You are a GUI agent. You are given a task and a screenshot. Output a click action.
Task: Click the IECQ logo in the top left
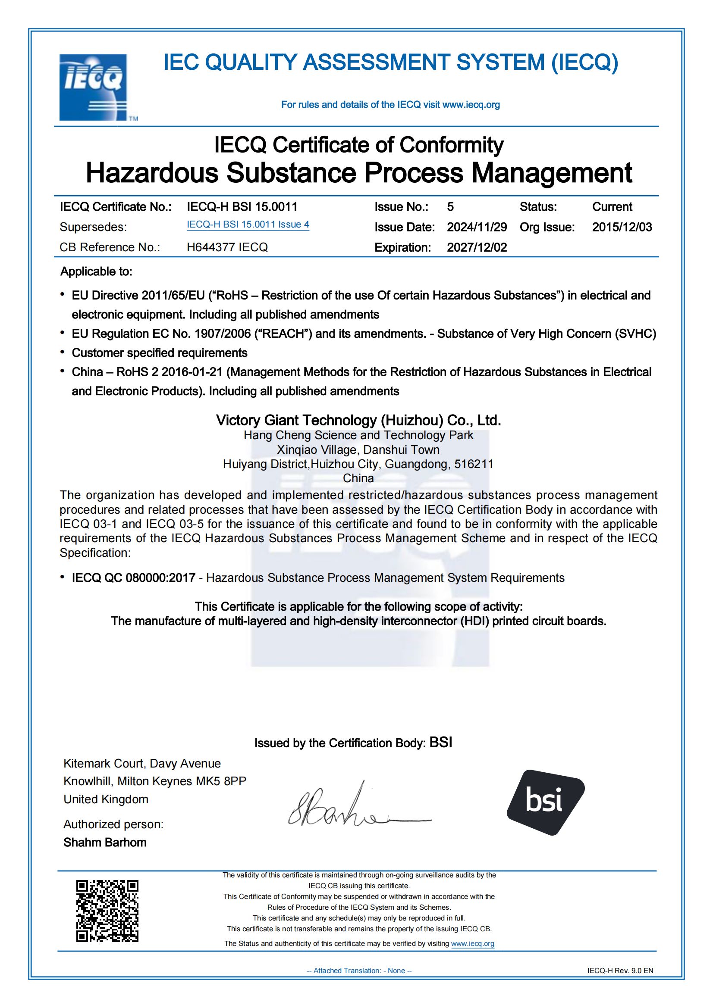[94, 87]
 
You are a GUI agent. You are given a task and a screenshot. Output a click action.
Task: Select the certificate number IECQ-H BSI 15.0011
[242, 207]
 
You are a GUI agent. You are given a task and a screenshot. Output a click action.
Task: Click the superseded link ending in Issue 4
[248, 225]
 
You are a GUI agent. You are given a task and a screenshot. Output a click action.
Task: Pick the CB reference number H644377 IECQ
[227, 247]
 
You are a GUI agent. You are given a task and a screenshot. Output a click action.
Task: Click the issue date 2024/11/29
[477, 227]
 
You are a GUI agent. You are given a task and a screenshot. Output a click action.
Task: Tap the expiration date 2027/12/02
[477, 247]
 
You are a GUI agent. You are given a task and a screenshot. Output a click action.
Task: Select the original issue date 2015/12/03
[622, 227]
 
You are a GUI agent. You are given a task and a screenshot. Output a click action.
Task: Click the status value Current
[612, 207]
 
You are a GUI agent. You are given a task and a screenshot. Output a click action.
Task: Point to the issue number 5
[450, 207]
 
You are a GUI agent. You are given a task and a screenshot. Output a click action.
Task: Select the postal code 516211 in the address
[474, 464]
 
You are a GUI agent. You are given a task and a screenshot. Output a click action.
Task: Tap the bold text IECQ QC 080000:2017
[134, 578]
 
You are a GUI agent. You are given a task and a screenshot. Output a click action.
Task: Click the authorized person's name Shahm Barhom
[105, 842]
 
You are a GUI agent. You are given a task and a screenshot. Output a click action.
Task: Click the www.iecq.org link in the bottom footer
[472, 943]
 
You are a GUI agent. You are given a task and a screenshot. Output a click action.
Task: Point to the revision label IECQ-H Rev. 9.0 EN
[620, 971]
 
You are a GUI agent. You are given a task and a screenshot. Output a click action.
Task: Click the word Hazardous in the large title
[152, 172]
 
